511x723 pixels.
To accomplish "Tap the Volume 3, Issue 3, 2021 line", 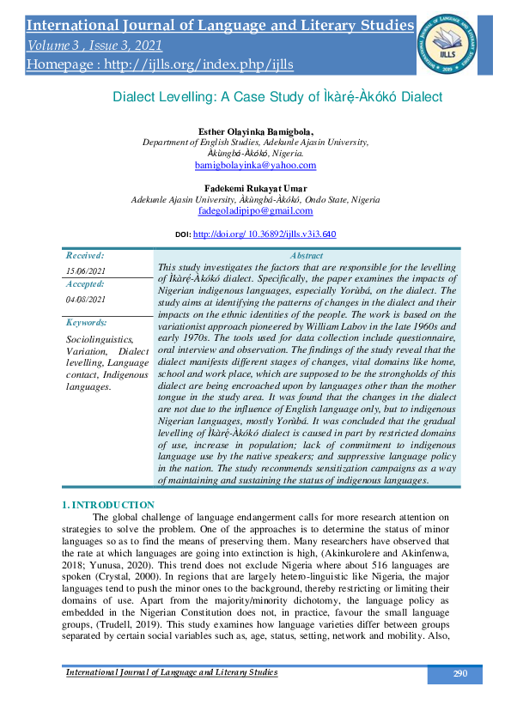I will pyautogui.click(x=94, y=46).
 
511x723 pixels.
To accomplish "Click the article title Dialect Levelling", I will pyautogui.click(x=277, y=97).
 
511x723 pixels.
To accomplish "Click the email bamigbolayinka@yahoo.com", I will pyautogui.click(x=255, y=165).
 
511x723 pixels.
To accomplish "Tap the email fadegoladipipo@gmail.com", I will pyautogui.click(x=255, y=210).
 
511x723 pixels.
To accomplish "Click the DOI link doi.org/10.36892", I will pyautogui.click(x=265, y=234).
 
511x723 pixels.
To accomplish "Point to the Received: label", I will pyautogui.click(x=85, y=255).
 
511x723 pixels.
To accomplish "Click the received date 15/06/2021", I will pyautogui.click(x=83, y=271).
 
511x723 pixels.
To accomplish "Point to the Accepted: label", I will pyautogui.click(x=85, y=283).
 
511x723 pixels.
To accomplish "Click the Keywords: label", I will pyautogui.click(x=87, y=322).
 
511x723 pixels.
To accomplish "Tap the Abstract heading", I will pyautogui.click(x=307, y=256).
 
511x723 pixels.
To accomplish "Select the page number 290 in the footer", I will pyautogui.click(x=459, y=673).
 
